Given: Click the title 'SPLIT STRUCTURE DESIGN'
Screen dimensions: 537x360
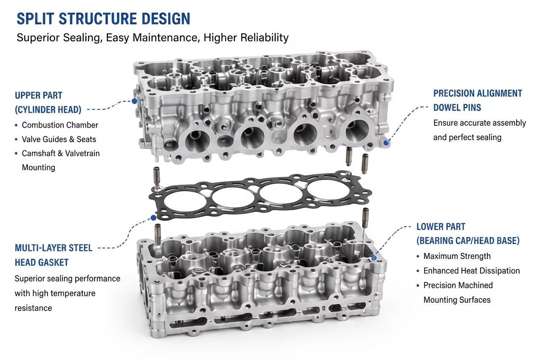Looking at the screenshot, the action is click(103, 19).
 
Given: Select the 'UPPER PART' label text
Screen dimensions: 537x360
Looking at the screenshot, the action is click(39, 96).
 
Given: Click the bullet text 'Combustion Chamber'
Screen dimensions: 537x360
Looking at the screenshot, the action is click(60, 125).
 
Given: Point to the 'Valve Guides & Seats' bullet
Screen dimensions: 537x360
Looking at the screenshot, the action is click(59, 139).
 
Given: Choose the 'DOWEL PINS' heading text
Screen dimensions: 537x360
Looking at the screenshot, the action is click(457, 108).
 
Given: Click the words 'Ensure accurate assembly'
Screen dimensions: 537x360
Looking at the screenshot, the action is click(480, 123).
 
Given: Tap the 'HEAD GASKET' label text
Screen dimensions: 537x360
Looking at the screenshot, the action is click(42, 262).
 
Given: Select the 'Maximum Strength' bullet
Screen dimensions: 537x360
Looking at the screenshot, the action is click(457, 256).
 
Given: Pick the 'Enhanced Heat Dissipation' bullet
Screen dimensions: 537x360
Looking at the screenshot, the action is click(472, 271).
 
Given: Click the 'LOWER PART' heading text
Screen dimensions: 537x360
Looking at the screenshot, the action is click(441, 227).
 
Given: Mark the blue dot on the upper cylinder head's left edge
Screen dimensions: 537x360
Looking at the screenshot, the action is click(135, 101).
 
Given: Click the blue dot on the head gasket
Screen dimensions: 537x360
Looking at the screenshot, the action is click(153, 218).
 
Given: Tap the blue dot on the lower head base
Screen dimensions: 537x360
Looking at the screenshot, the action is click(373, 258).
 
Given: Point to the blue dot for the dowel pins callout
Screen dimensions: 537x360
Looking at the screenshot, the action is click(386, 143).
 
